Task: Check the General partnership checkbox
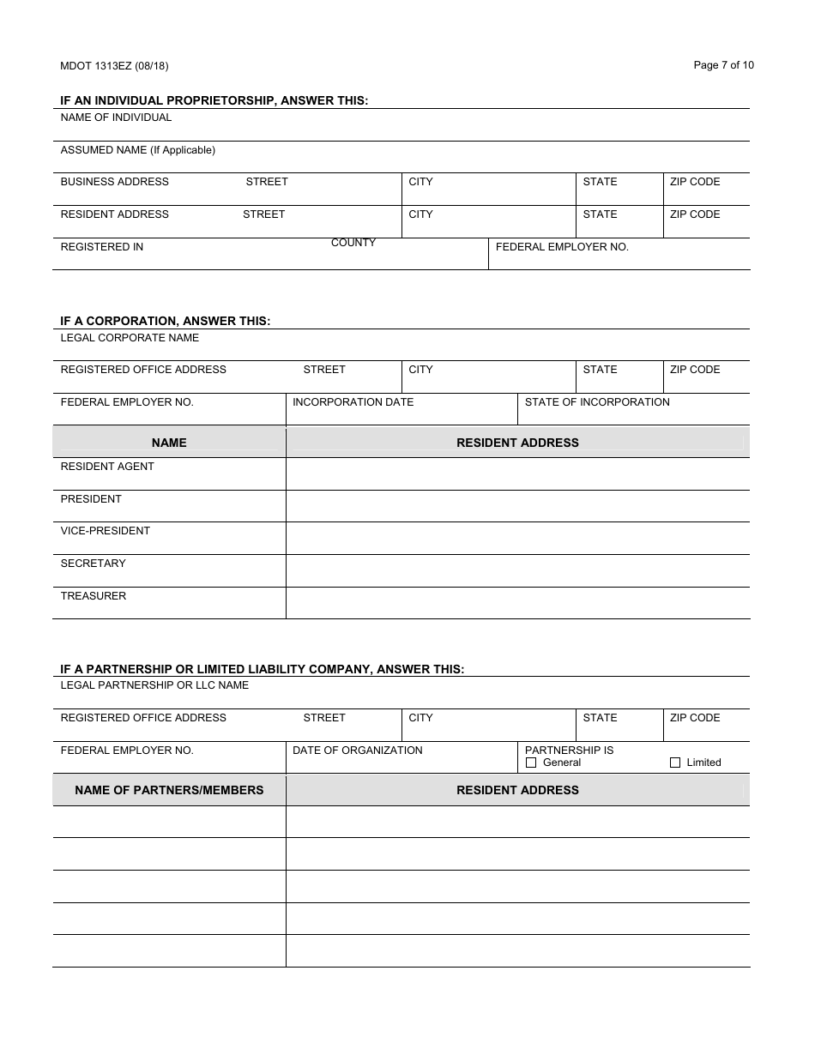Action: click(x=531, y=763)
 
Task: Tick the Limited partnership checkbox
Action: click(x=675, y=763)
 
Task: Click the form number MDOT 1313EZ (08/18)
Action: click(x=108, y=66)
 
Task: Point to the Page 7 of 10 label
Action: click(x=723, y=65)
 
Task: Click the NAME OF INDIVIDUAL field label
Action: click(x=116, y=118)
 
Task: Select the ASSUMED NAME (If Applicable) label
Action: click(x=137, y=150)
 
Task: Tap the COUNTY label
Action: click(x=353, y=243)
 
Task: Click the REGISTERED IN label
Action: click(x=102, y=247)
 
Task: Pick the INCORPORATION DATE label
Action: click(x=353, y=402)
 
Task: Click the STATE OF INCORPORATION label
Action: click(x=597, y=402)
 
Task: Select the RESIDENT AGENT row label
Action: click(x=107, y=467)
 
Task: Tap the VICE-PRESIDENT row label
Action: click(x=105, y=531)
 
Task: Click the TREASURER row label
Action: click(x=94, y=596)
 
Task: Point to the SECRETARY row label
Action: click(x=93, y=564)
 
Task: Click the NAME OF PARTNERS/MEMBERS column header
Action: click(x=169, y=790)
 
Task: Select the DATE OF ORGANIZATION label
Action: click(x=358, y=751)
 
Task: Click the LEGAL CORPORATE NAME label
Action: click(x=130, y=338)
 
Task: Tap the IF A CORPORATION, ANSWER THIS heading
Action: click(x=165, y=322)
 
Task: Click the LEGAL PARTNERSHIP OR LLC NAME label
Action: click(x=154, y=685)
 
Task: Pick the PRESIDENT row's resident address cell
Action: click(x=517, y=506)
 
